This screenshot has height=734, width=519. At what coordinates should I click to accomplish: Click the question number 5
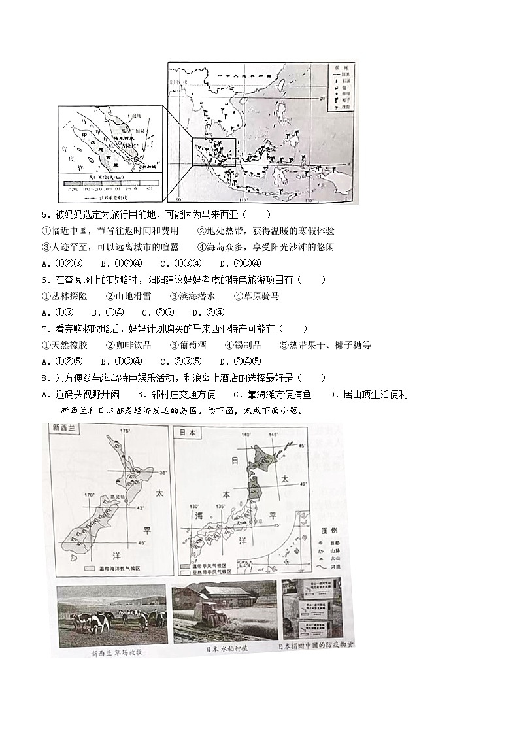[x=44, y=214]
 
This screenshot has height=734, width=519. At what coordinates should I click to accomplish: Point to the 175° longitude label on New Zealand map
[x=125, y=431]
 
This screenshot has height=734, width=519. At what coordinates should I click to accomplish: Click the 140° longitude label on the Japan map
[x=246, y=435]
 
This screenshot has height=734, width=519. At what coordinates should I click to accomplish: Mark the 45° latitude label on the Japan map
[x=301, y=446]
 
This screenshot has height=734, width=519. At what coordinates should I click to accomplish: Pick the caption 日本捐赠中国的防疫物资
[x=315, y=647]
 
